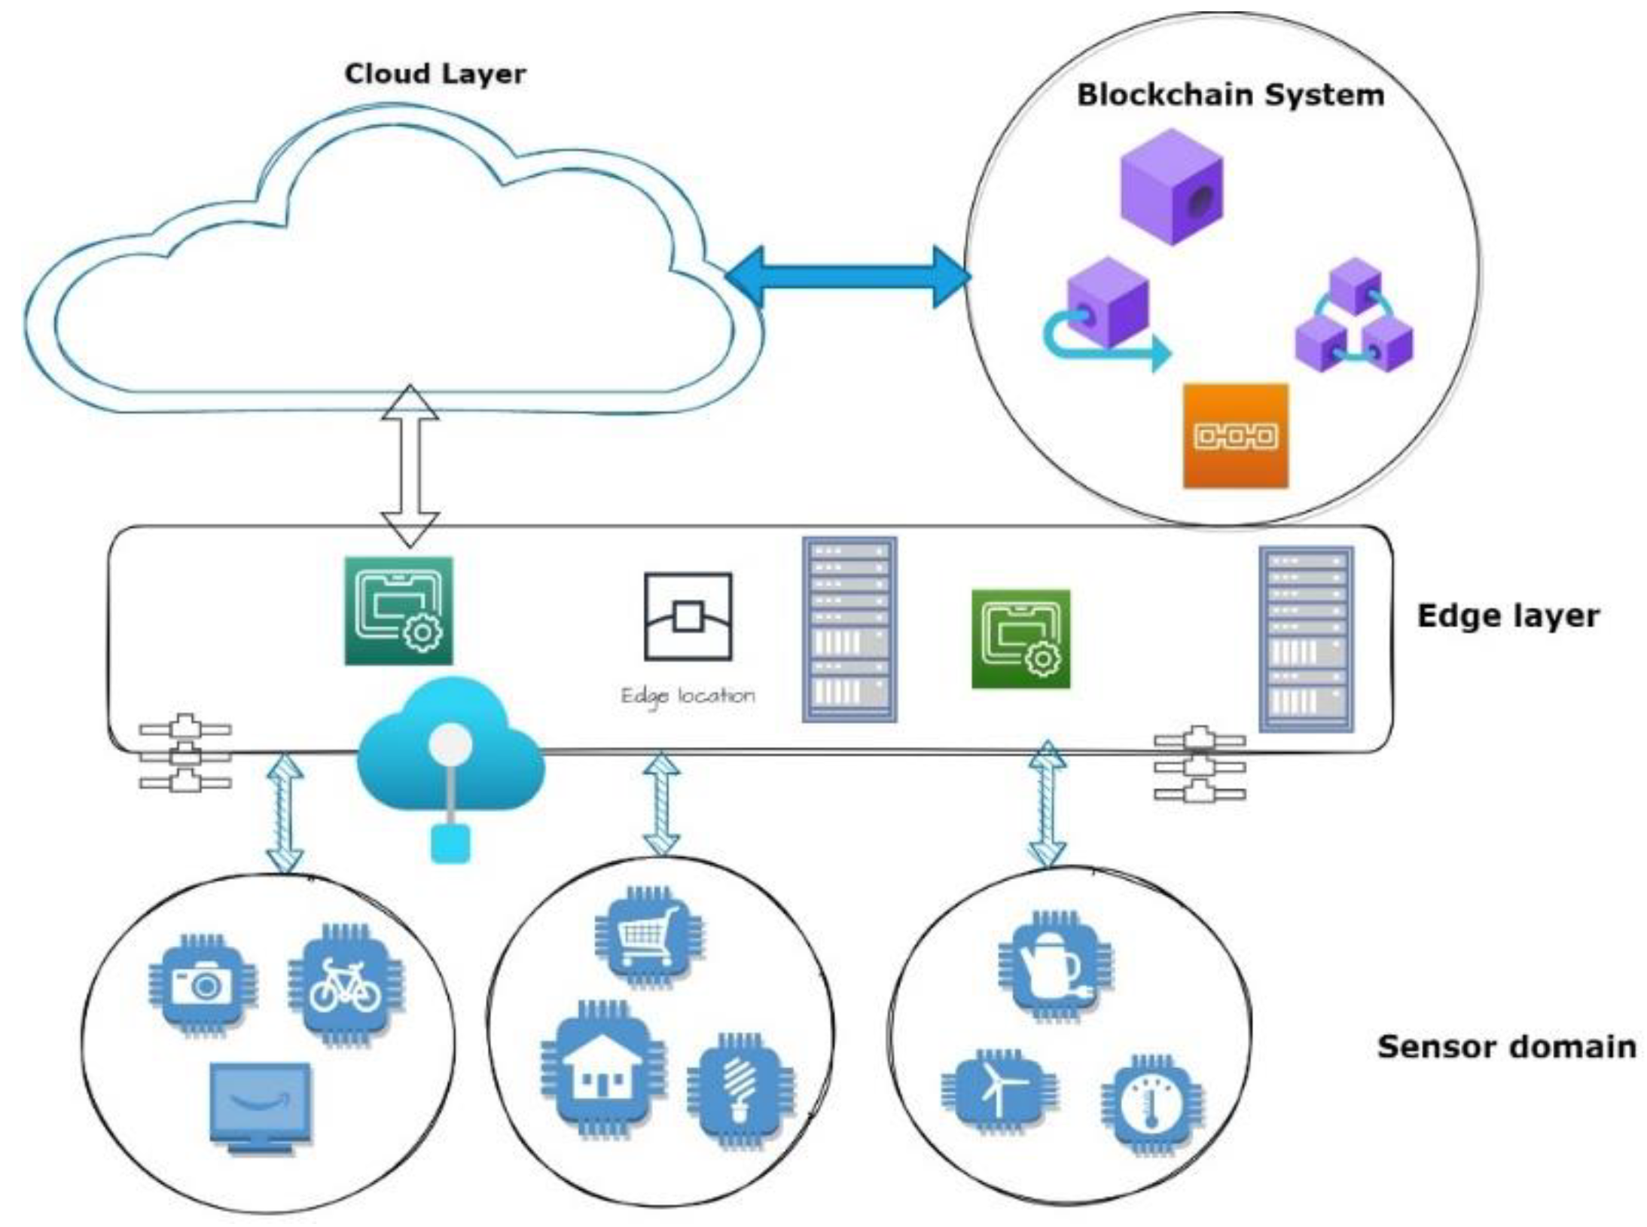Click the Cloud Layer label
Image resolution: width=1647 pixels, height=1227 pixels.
[435, 74]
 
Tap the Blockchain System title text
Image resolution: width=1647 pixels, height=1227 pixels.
[1230, 96]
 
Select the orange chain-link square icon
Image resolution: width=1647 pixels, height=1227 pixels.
[1235, 436]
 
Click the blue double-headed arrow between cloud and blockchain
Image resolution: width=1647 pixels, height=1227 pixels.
[847, 276]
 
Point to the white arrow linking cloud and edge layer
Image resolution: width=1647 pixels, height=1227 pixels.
[410, 465]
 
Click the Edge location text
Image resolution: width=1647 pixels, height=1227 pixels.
[687, 695]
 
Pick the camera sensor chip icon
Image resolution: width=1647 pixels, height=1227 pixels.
[201, 984]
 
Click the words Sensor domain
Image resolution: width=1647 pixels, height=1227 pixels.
[1506, 1048]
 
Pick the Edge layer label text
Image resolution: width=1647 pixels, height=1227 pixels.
[1508, 616]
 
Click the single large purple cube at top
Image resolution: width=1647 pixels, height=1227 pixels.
[1171, 186]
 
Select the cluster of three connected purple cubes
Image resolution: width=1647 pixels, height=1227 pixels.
[1353, 318]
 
